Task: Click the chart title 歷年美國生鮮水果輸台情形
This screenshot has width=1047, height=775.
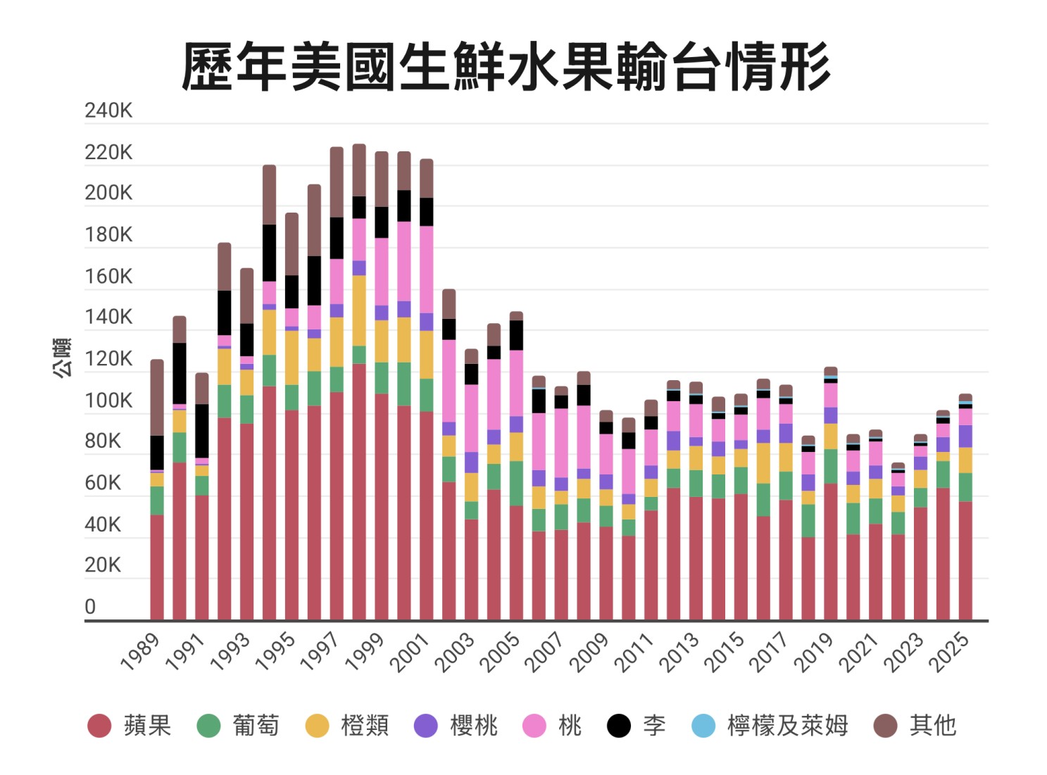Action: (506, 67)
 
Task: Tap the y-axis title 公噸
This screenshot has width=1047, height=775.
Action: (63, 358)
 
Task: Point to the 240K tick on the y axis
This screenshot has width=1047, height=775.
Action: (108, 111)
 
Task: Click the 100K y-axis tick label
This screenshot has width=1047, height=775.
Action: (108, 401)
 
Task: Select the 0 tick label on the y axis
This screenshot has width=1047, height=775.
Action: (90, 607)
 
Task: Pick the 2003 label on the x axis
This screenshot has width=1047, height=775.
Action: (455, 652)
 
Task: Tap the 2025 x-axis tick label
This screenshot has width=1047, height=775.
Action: (949, 652)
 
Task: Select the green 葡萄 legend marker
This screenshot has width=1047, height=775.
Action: (208, 726)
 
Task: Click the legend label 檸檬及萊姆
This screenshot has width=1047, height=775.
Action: (787, 726)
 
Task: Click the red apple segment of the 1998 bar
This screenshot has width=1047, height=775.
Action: (359, 493)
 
